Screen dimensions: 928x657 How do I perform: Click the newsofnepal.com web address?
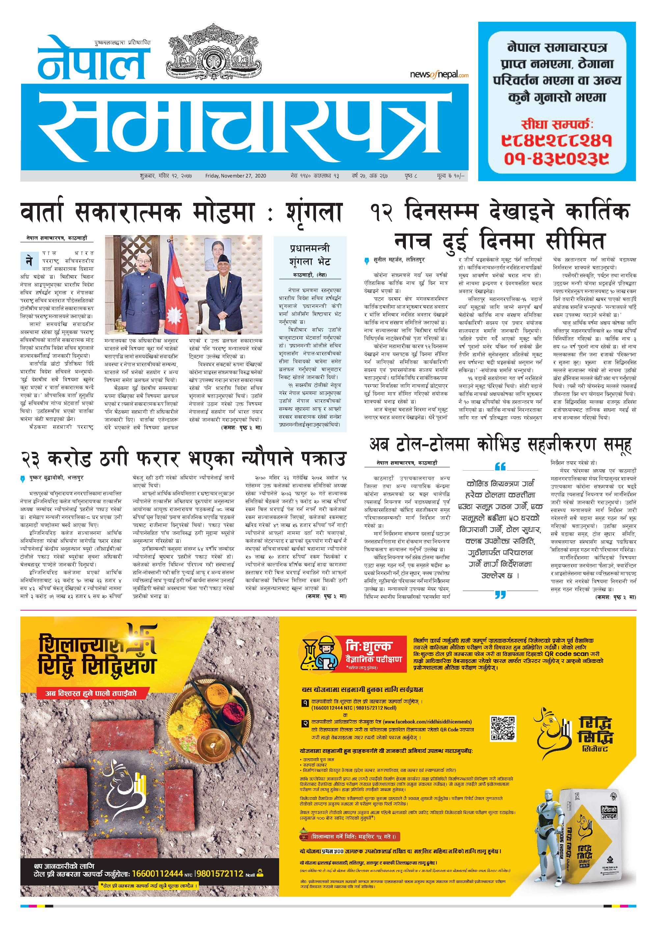point(439,74)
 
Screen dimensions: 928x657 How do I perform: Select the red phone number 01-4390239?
point(557,159)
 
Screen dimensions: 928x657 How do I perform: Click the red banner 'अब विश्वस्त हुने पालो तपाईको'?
point(92,693)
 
